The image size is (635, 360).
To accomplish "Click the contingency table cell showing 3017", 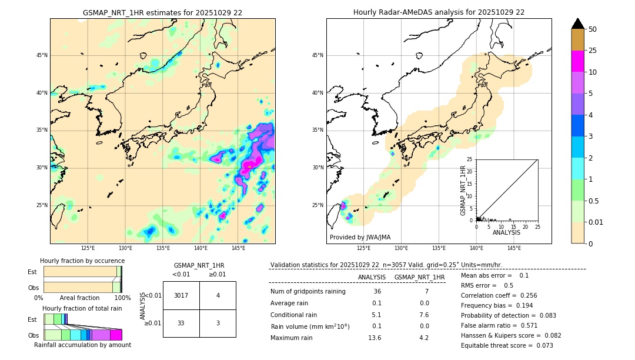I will (x=181, y=295).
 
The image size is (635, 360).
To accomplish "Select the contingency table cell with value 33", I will (x=181, y=323).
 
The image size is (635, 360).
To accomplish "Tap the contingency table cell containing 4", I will (x=218, y=295).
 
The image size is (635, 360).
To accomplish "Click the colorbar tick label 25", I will (x=593, y=51).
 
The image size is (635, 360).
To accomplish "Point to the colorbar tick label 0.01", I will (x=596, y=222).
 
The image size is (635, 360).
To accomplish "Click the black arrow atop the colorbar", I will (x=577, y=24).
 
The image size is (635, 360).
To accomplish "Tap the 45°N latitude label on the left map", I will (x=42, y=55).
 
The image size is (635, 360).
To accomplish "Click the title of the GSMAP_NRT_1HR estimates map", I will (x=162, y=12).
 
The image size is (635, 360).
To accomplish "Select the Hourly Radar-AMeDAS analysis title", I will (x=439, y=12).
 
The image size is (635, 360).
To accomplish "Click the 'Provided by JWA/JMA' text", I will (x=360, y=237).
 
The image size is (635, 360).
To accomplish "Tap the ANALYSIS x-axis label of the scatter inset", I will (x=507, y=233).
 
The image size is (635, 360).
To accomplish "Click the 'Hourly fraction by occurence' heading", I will (x=82, y=261).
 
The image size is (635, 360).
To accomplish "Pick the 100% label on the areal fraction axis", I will (x=122, y=298).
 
